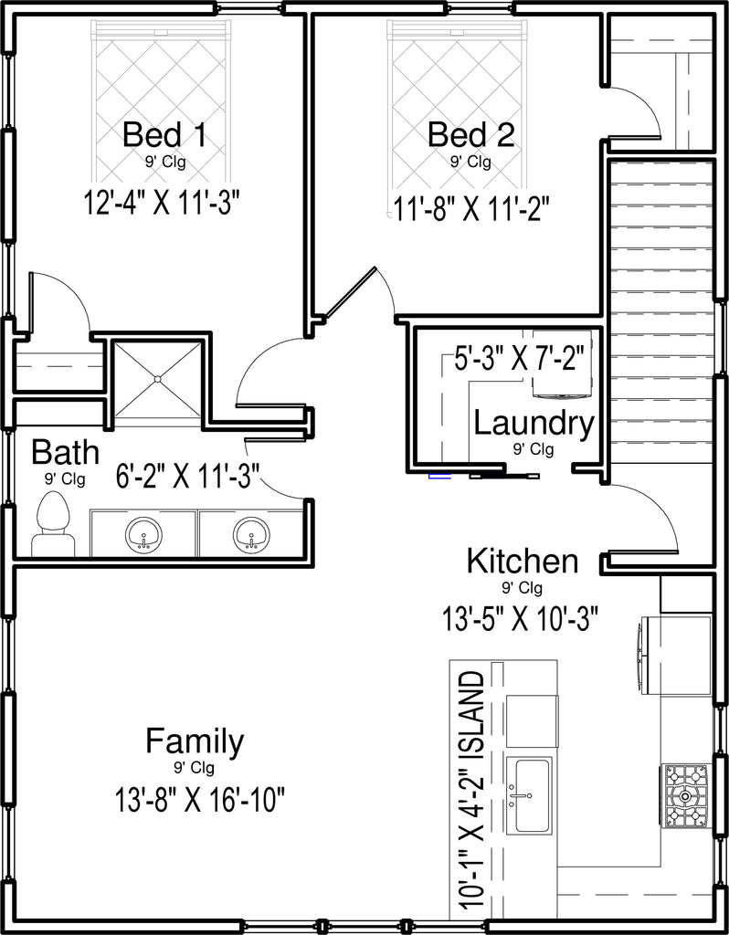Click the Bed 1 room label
[164, 135]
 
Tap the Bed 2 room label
[470, 135]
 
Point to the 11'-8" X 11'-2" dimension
[470, 209]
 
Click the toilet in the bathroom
[53, 525]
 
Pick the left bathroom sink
[143, 534]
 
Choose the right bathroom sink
[251, 534]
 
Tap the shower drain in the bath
[158, 379]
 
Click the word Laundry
[534, 425]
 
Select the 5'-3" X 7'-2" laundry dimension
[518, 361]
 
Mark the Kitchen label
[522, 562]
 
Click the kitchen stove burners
[686, 796]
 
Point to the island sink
[529, 795]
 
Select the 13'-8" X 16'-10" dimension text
[197, 800]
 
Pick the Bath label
[65, 453]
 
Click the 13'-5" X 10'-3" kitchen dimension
[520, 619]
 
